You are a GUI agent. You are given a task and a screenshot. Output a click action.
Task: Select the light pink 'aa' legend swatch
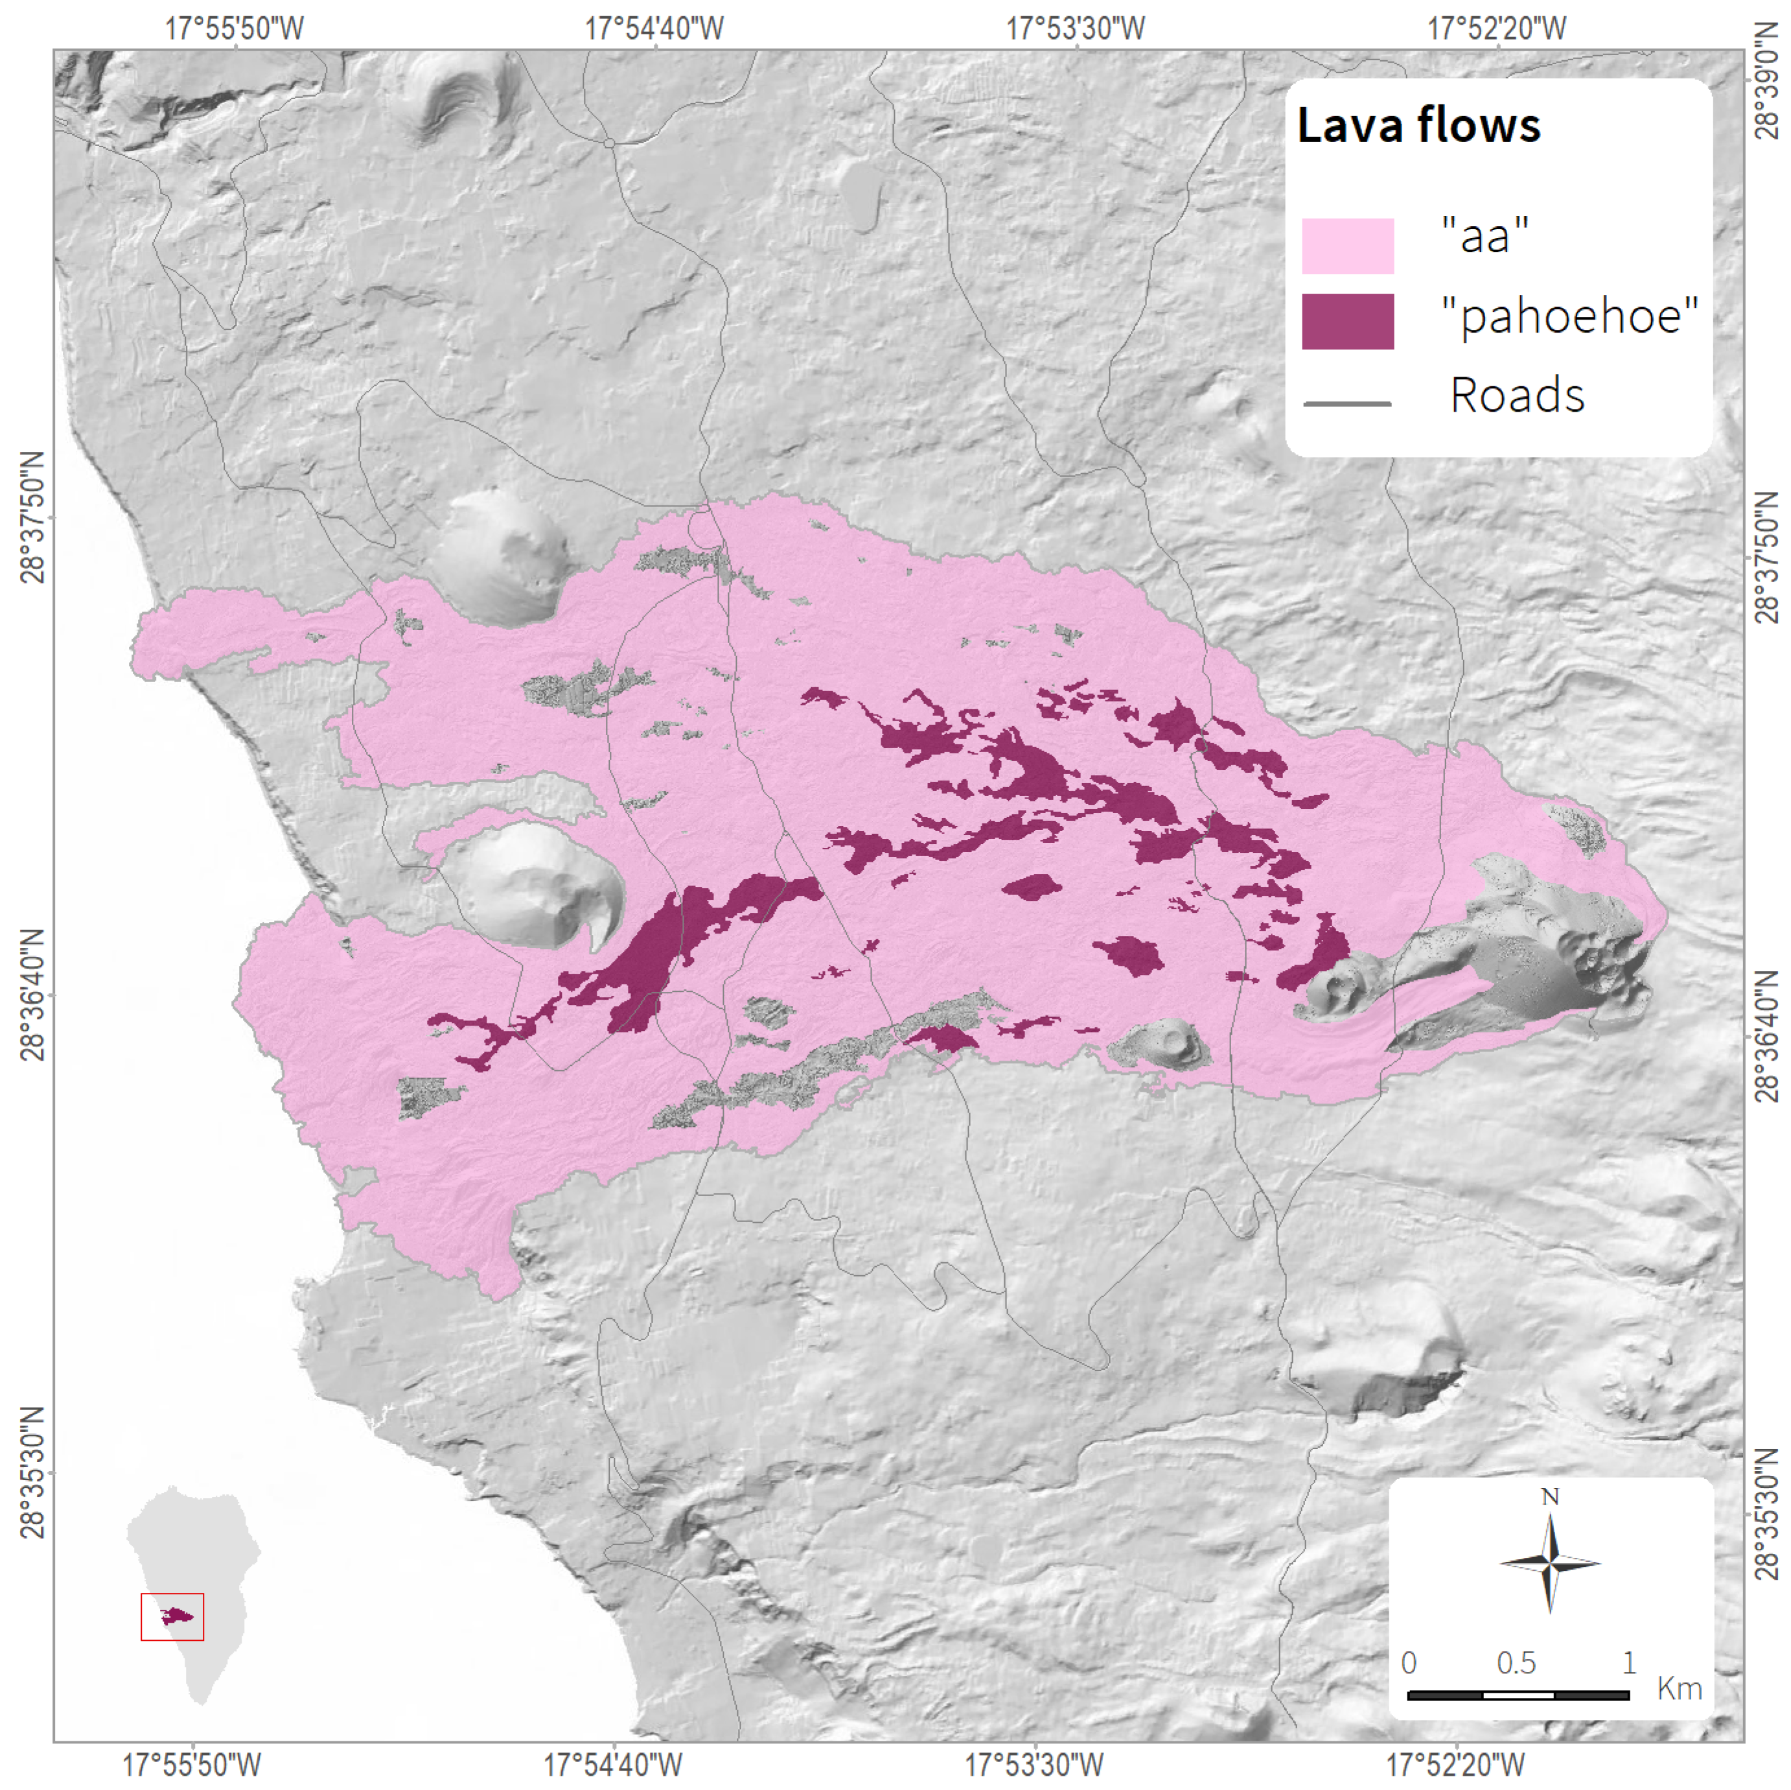coord(1347,246)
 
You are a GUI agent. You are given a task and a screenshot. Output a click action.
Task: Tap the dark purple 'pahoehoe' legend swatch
coord(1347,321)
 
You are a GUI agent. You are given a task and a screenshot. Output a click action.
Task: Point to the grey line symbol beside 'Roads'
coord(1347,403)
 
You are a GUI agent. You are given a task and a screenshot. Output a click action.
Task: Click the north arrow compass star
coord(1549,1563)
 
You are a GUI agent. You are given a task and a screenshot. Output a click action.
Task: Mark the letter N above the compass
coord(1549,1496)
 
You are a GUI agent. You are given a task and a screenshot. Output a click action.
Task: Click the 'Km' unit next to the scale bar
coord(1679,1688)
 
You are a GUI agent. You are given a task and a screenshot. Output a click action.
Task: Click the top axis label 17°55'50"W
coord(235,28)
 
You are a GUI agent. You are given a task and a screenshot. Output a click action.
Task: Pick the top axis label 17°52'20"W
coord(1496,28)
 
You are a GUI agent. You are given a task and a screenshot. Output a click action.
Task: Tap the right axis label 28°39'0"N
coord(1767,93)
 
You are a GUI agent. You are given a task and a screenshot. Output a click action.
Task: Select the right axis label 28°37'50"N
coord(1767,558)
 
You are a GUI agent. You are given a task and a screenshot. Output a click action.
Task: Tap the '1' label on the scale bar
coord(1629,1662)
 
